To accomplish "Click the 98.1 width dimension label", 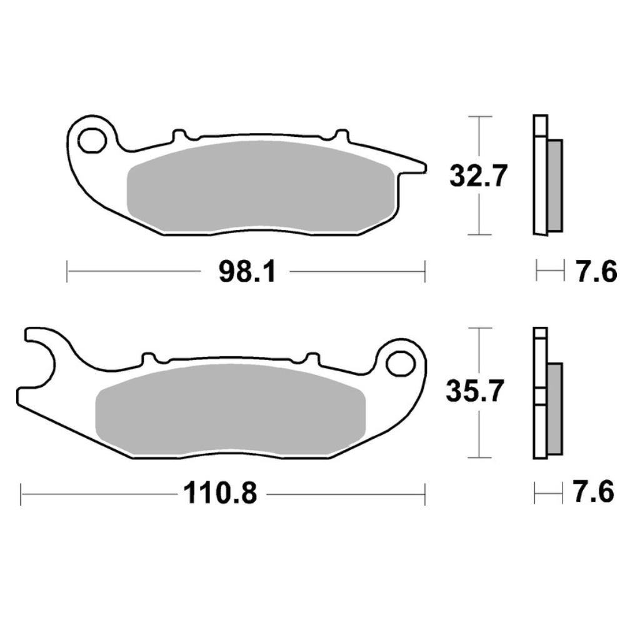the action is [x=247, y=272].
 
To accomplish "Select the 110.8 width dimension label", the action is [x=220, y=494].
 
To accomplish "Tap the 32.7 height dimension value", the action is [x=478, y=176].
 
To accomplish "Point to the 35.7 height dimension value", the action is [x=475, y=391].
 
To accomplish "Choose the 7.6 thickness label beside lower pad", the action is [x=593, y=492].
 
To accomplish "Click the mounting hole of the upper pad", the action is [x=92, y=140].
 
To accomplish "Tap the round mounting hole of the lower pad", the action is [x=401, y=364].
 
